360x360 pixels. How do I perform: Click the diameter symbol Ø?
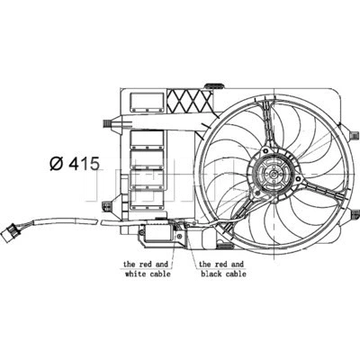coord(55,164)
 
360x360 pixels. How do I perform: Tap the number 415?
coord(83,164)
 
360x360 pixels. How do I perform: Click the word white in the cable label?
coord(136,275)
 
